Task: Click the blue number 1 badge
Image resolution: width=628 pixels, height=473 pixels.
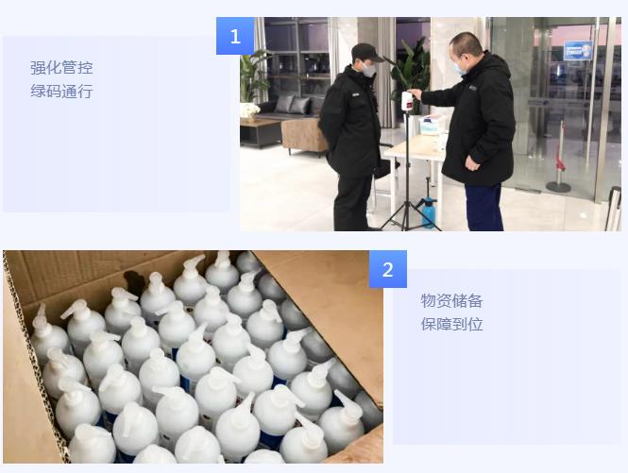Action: click(235, 36)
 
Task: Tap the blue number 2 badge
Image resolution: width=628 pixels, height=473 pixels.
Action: click(388, 269)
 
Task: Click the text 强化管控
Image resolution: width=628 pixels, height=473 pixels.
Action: click(61, 68)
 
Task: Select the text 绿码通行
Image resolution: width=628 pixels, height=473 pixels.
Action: click(61, 92)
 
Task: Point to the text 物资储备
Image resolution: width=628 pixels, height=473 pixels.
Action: click(451, 301)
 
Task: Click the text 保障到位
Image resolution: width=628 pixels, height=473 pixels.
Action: click(451, 324)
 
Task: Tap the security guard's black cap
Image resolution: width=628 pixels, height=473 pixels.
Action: click(365, 52)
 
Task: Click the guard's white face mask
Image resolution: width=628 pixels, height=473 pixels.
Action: click(369, 71)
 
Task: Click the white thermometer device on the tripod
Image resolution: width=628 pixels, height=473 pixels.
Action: click(407, 103)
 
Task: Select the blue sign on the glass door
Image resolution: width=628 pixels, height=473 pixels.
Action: click(578, 50)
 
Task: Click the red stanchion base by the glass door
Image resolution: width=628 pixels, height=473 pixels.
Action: click(558, 187)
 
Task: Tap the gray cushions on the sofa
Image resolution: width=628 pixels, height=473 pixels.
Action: click(293, 105)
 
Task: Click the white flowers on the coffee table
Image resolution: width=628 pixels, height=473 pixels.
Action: click(250, 109)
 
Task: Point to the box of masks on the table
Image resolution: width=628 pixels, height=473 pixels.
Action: click(433, 125)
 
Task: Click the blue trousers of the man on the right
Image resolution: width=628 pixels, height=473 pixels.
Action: click(484, 207)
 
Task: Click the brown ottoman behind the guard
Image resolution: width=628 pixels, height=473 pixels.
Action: click(305, 136)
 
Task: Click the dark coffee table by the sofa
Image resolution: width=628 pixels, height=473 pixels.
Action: click(262, 132)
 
